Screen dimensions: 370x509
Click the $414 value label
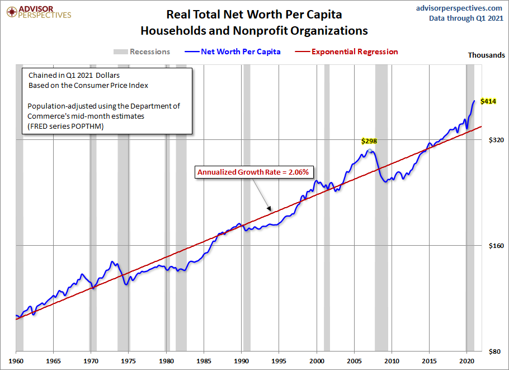[489, 101]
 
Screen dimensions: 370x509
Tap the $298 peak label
[369, 141]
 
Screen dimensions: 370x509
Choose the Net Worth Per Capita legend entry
[232, 51]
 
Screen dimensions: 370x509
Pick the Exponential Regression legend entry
[347, 51]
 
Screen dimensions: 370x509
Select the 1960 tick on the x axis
[16, 362]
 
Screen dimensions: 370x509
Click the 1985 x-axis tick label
[204, 362]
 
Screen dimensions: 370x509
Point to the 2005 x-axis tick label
[355, 362]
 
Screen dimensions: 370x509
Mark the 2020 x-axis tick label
[467, 362]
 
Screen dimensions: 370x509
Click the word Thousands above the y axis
[486, 55]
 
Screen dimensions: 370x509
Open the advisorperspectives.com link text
[459, 8]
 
